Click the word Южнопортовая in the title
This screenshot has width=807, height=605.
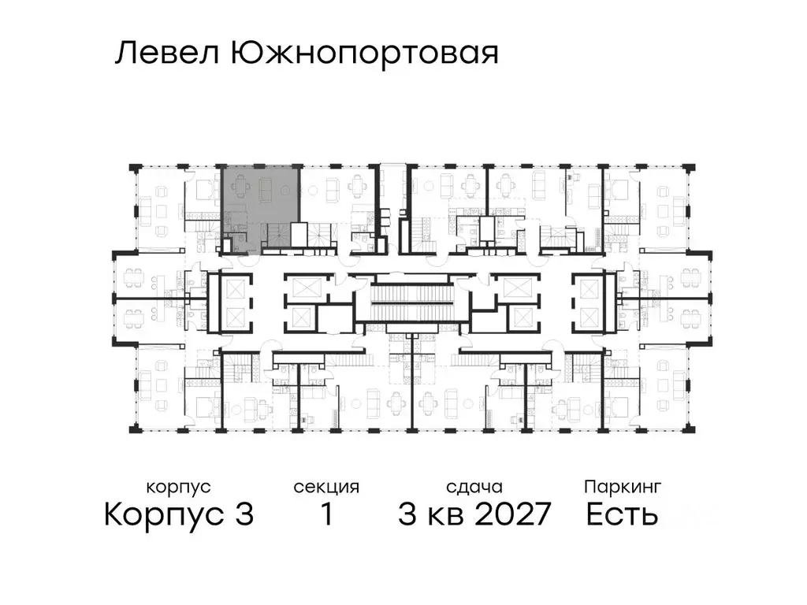(x=364, y=54)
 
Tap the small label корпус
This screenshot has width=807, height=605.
(x=178, y=487)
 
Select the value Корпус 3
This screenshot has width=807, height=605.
(x=179, y=515)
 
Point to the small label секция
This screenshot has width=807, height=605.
(x=326, y=487)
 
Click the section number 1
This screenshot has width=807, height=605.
(x=325, y=515)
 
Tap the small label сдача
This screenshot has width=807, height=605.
(x=473, y=487)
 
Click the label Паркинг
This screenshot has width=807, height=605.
(x=622, y=487)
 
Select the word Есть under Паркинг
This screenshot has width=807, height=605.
(x=622, y=515)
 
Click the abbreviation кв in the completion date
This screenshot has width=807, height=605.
(x=447, y=517)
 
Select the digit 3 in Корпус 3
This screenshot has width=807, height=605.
(x=243, y=515)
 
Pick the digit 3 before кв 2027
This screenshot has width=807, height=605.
(x=407, y=515)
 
